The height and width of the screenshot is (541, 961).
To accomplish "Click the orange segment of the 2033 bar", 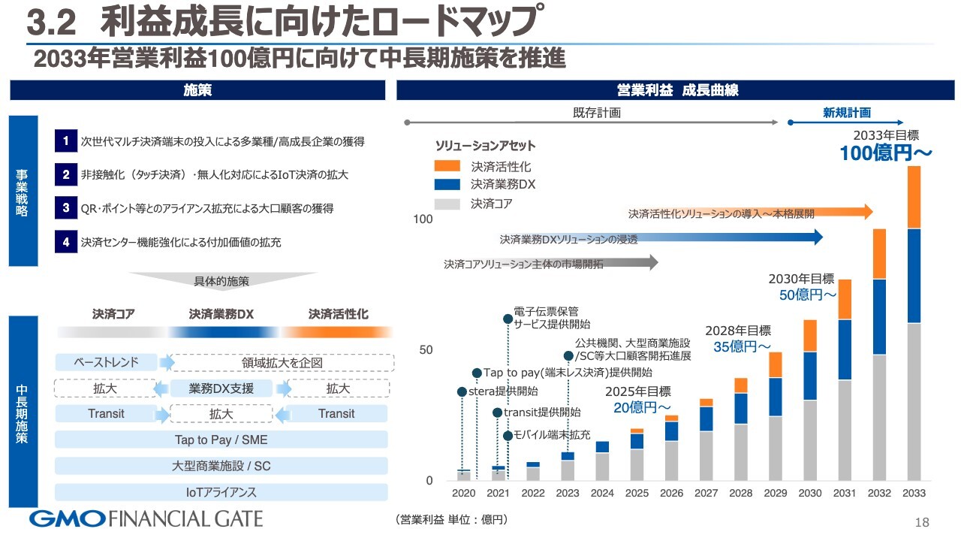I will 914,197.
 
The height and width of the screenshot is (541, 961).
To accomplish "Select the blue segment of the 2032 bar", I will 879,316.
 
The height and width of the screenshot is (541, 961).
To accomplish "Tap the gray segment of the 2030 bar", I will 810,440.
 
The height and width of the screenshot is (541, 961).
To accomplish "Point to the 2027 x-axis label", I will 706,494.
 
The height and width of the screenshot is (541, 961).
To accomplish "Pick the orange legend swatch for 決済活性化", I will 447,166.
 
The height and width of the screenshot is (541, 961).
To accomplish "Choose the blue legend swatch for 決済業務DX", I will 447,184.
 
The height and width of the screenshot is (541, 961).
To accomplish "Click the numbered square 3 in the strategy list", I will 66,208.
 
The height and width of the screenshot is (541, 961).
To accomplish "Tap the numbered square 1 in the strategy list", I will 66,141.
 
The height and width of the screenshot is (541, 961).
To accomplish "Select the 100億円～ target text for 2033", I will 885,153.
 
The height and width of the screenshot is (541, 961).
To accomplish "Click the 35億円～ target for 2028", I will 737,346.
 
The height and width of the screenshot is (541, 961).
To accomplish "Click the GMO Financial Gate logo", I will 146,518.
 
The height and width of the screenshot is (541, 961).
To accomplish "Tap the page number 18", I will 922,522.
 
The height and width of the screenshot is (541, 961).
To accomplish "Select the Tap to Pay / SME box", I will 221,440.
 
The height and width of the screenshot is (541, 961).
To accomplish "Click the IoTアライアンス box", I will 221,492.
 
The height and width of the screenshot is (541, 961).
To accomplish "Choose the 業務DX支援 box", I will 221,388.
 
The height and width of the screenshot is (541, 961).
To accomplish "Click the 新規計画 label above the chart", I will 847,113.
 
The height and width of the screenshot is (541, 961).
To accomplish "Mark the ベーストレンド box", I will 106,362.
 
